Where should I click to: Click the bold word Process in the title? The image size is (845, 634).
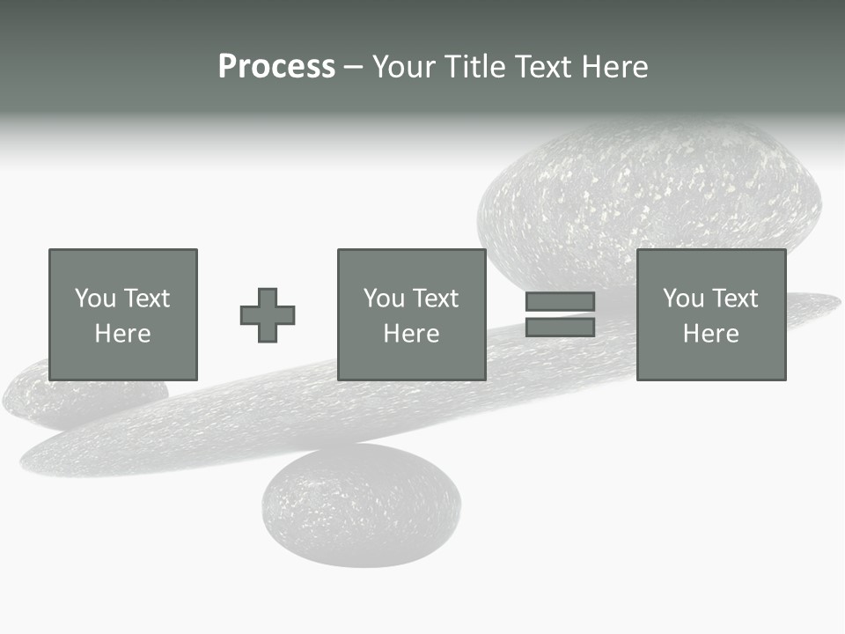276,67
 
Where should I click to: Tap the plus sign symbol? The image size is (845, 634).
268,315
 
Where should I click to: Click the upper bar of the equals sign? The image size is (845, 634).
560,301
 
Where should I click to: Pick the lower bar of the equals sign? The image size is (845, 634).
560,327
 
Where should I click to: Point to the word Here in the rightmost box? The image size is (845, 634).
710,334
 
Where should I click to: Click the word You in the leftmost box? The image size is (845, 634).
94,299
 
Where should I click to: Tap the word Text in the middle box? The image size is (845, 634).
435,299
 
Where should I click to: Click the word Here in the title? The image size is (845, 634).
617,67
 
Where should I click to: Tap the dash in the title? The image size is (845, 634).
353,67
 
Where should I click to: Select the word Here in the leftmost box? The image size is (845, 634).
122,334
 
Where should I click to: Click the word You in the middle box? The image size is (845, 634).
383,299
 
